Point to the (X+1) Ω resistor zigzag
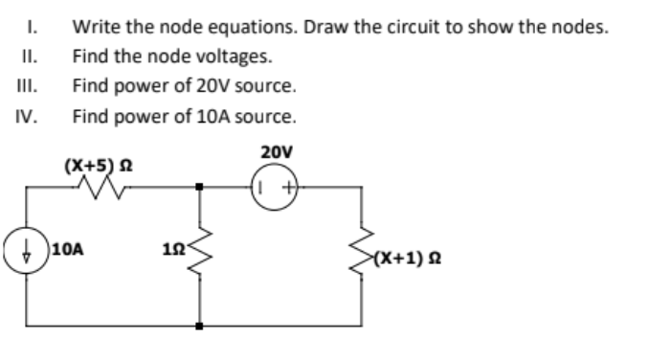362,256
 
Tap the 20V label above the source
276,152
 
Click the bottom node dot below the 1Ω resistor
201,325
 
